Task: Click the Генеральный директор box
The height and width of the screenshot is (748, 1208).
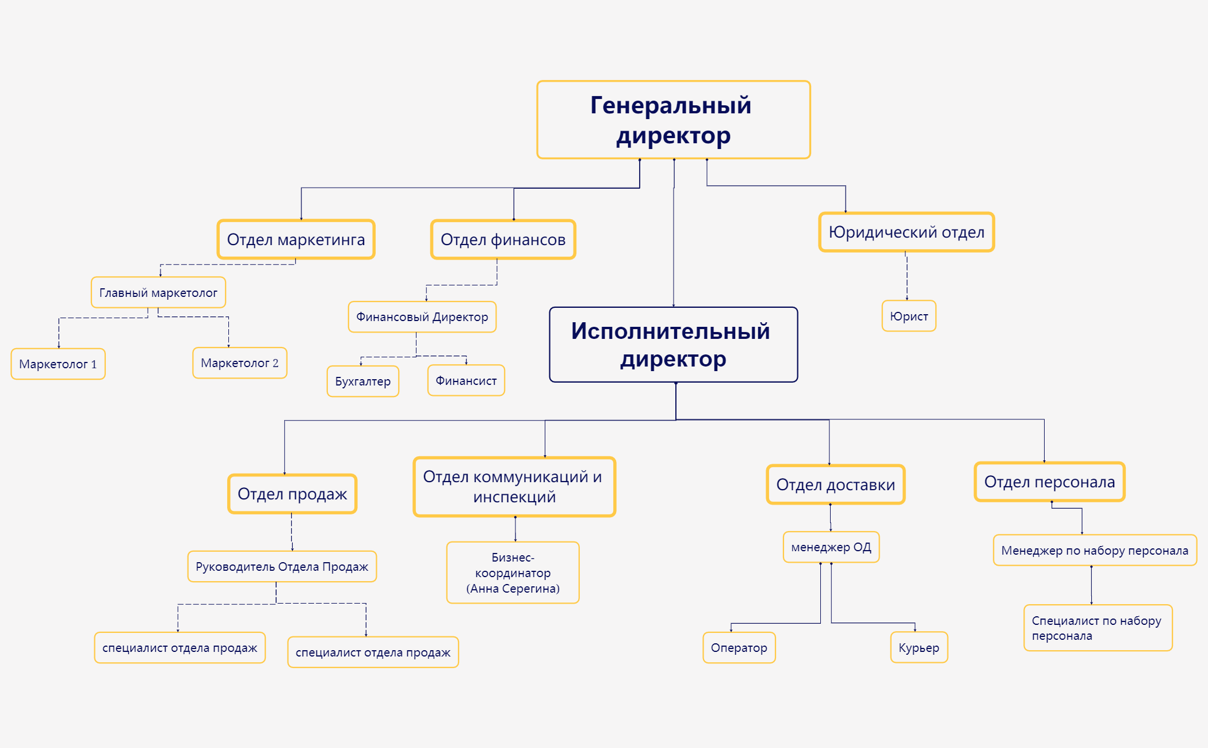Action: [673, 120]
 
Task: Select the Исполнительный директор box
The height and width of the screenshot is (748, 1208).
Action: [673, 344]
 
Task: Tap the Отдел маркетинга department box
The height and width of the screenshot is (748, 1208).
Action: [296, 239]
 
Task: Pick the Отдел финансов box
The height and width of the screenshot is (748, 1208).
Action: [503, 239]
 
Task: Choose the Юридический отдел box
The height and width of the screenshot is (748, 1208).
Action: [906, 232]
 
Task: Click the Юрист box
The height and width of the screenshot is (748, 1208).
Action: [908, 316]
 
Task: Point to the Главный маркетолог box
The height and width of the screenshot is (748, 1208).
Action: [158, 292]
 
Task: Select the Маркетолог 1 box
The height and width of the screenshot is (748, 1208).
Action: [58, 364]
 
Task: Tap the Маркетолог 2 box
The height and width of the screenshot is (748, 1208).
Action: [239, 362]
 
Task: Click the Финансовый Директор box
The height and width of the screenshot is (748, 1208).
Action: [422, 316]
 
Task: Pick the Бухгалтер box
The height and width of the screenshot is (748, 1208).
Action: [362, 381]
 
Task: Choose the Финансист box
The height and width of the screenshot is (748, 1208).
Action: [466, 380]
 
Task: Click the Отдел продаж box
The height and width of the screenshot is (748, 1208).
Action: [292, 494]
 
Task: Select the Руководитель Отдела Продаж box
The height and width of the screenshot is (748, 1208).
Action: [282, 566]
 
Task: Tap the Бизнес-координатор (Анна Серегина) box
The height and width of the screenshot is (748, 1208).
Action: [513, 573]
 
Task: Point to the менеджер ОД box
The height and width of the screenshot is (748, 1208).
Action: [831, 547]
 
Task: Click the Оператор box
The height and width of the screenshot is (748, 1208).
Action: [739, 647]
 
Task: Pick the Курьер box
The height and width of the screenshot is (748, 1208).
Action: [919, 647]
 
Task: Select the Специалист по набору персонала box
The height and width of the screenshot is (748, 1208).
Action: [1097, 628]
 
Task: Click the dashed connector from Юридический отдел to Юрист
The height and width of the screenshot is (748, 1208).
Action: [907, 276]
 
